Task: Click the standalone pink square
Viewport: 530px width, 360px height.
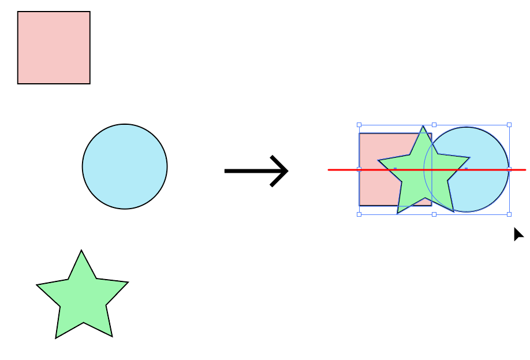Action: [x=54, y=47]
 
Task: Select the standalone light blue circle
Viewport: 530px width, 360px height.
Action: [x=125, y=166]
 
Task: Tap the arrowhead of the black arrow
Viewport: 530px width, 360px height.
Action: [x=283, y=170]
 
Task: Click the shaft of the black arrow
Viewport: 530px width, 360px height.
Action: [x=248, y=170]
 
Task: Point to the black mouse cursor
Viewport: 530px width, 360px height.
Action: [x=518, y=234]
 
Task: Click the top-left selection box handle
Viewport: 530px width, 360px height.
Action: [x=359, y=124]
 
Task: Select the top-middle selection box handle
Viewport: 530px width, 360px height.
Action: [x=434, y=124]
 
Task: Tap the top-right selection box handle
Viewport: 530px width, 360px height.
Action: [x=509, y=124]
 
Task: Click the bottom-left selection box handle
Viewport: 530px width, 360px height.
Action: [x=359, y=214]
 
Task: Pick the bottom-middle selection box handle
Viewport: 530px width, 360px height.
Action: [x=434, y=214]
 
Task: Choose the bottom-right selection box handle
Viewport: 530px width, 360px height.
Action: [x=509, y=214]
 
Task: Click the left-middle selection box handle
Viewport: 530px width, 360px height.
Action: [x=359, y=169]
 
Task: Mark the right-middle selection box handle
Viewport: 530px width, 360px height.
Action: [x=509, y=169]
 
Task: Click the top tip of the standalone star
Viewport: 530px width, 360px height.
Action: [x=81, y=251]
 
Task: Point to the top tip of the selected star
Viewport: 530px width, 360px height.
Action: [x=423, y=127]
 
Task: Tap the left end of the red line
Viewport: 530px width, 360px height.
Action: [x=329, y=170]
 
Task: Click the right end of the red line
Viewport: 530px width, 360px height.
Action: [x=525, y=170]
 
